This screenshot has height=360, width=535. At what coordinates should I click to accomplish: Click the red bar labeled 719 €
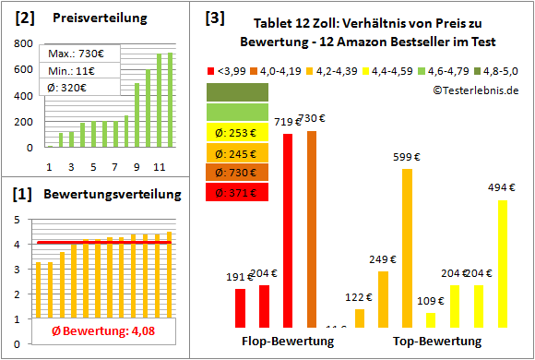pyautogui.click(x=288, y=231)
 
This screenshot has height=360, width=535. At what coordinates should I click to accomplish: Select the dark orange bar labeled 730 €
pyautogui.click(x=312, y=229)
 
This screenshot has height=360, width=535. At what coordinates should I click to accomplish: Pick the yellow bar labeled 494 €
pyautogui.click(x=502, y=263)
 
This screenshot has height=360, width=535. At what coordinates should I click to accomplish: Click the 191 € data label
pyautogui.click(x=239, y=277)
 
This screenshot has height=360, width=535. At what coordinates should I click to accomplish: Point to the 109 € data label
pyautogui.click(x=431, y=301)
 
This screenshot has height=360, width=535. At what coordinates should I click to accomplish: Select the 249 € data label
pyautogui.click(x=381, y=259)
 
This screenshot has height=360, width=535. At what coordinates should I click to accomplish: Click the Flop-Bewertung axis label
pyautogui.click(x=288, y=342)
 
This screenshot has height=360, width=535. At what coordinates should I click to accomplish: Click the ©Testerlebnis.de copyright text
pyautogui.click(x=474, y=90)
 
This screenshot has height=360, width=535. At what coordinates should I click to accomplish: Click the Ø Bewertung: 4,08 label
pyautogui.click(x=90, y=332)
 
